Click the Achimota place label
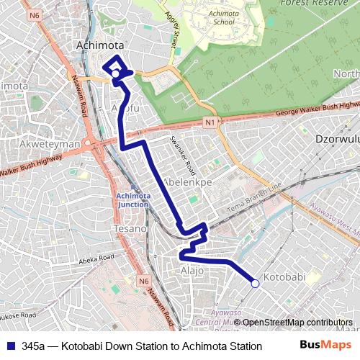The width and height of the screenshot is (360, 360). pos(100,45)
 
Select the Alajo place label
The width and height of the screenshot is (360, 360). pos(191,271)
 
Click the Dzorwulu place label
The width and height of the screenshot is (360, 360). pos(337,138)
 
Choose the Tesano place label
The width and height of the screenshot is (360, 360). pos(130,228)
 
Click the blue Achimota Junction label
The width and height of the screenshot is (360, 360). pos(132,199)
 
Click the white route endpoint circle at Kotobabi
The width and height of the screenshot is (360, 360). pos(255,284)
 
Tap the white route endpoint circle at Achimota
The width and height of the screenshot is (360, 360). pos(114,73)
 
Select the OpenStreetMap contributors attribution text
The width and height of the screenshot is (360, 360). pos(297,322)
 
